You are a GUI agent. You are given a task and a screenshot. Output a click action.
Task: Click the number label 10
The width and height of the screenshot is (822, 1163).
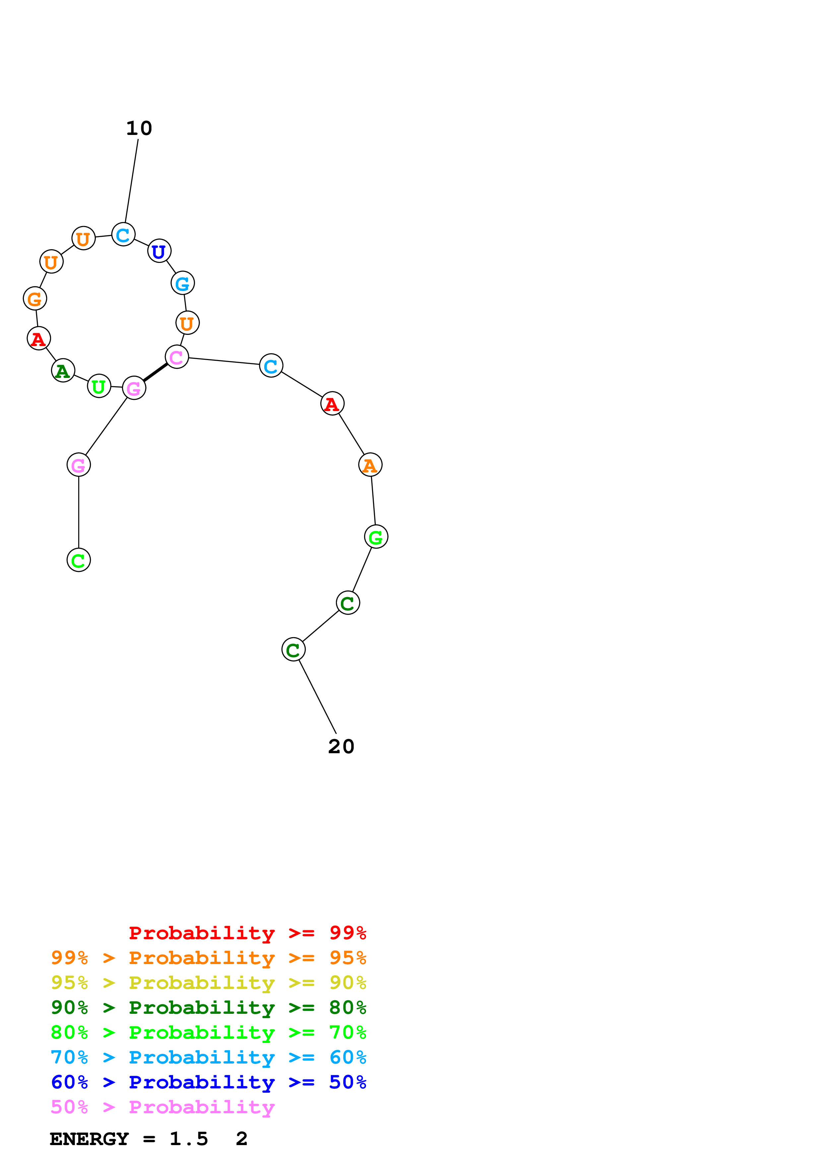pos(139,128)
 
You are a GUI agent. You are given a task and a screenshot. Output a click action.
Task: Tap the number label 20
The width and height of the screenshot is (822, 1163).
pos(341,746)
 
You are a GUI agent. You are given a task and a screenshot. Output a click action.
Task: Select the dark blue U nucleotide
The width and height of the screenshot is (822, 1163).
pos(159,251)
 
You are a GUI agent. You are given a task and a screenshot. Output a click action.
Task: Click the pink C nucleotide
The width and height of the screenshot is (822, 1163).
pos(177,358)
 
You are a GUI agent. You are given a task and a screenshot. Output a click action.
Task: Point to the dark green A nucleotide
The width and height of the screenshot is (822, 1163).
pos(63,371)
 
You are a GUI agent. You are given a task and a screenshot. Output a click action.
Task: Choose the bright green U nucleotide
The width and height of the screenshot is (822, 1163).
pos(99,387)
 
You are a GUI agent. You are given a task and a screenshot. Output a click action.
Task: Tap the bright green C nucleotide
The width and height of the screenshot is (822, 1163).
pos(79,560)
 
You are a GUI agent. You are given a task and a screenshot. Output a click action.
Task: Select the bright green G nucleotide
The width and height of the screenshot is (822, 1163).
pos(376,537)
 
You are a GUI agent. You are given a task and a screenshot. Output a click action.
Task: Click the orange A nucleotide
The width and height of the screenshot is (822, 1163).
pos(370,465)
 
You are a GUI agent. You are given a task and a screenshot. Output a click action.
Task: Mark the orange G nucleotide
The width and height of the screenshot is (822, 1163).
pos(35,299)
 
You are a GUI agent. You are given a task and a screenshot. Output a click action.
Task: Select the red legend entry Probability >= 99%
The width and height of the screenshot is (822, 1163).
pos(247,933)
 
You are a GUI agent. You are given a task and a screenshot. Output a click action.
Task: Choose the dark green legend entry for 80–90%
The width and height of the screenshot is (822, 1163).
pos(209,1008)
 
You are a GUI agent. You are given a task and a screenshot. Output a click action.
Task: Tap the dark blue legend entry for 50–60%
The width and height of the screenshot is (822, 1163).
pos(209,1082)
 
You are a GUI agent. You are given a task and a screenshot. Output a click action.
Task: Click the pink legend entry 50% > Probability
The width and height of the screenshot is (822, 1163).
pos(162,1107)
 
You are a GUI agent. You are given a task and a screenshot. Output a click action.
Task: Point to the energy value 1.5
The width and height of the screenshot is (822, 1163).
pos(188,1139)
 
